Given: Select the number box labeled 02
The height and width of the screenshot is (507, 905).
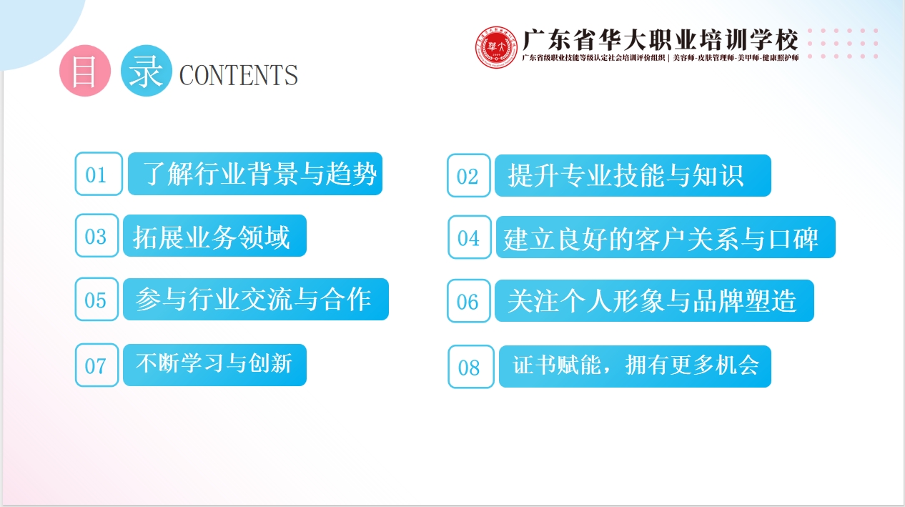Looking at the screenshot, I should pyautogui.click(x=469, y=176).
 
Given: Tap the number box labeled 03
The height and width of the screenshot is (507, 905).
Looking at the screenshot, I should pyautogui.click(x=97, y=236).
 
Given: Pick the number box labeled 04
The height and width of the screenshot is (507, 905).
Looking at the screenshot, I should pyautogui.click(x=470, y=237).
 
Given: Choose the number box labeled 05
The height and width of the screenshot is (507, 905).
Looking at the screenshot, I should pyautogui.click(x=97, y=299).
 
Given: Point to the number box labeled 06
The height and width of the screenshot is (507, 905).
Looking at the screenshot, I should pyautogui.click(x=469, y=301).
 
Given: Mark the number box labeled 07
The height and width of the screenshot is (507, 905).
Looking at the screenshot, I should pyautogui.click(x=97, y=365).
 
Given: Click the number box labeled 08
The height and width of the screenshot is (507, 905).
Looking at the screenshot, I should pyautogui.click(x=470, y=367).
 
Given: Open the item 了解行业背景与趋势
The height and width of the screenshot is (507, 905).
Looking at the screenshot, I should pyautogui.click(x=255, y=174).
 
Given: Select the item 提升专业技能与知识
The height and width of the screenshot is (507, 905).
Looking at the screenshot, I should pyautogui.click(x=633, y=175).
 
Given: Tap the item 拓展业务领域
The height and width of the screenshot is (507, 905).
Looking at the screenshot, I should pyautogui.click(x=214, y=236).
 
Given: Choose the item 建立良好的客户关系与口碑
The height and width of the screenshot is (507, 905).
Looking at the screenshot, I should pyautogui.click(x=666, y=237).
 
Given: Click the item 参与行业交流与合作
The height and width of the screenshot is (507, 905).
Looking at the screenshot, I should pyautogui.click(x=255, y=299).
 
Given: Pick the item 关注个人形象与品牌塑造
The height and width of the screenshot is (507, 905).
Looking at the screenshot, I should pyautogui.click(x=654, y=301).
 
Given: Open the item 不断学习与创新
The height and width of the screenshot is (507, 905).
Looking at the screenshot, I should pyautogui.click(x=214, y=365).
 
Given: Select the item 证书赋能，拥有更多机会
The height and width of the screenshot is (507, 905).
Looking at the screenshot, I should pyautogui.click(x=635, y=366).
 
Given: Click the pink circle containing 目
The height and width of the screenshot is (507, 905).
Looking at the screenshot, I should pyautogui.click(x=85, y=72).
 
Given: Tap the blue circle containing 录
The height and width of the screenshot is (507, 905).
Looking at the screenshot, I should pyautogui.click(x=147, y=70).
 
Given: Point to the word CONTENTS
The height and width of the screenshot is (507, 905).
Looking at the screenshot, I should pyautogui.click(x=238, y=75).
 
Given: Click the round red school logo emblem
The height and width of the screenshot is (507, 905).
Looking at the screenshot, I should pyautogui.click(x=497, y=47).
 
